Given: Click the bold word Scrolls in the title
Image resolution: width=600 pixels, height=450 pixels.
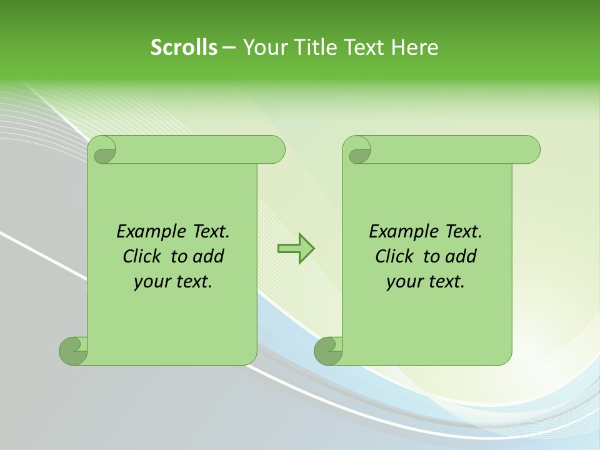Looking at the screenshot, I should (x=184, y=47).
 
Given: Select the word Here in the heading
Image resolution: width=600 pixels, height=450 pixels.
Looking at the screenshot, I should (x=414, y=47).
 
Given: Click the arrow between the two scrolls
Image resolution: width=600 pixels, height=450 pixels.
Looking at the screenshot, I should (x=296, y=248).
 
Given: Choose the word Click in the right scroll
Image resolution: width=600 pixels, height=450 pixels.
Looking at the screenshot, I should (x=395, y=256).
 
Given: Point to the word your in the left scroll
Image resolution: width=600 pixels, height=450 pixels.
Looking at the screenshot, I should (x=152, y=281).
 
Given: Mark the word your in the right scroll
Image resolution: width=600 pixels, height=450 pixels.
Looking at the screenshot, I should (x=404, y=281).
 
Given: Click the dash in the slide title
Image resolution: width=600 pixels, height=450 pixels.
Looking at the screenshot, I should (x=229, y=47).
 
